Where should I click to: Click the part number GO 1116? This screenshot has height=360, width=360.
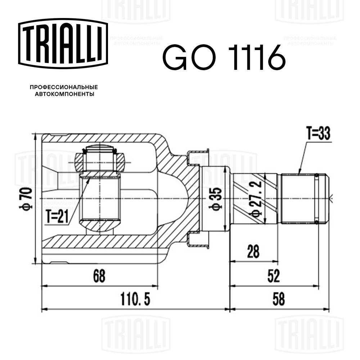224,58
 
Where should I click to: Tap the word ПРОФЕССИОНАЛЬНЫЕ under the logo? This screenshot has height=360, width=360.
64,87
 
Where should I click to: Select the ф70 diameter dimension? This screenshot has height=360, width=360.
28,198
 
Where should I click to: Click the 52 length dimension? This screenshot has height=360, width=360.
273,276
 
